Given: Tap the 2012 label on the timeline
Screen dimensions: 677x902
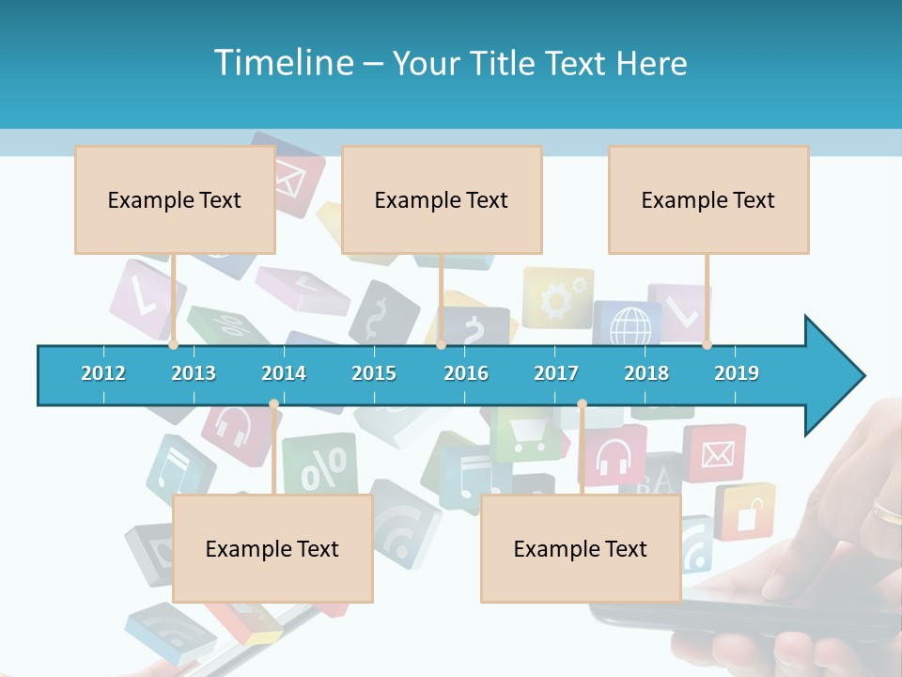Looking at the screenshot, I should tap(103, 373).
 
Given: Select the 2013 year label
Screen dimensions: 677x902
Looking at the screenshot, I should tap(194, 373).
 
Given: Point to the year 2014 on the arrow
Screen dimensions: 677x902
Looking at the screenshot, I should tap(284, 373).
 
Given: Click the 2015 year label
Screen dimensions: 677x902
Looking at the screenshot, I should tap(374, 373).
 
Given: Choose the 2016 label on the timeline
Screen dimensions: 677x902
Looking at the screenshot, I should tap(466, 373).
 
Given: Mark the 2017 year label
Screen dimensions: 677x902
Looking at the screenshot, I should tap(556, 373).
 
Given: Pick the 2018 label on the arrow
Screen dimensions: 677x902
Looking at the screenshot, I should tap(646, 373).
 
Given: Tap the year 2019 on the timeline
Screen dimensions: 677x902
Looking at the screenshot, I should tap(737, 373).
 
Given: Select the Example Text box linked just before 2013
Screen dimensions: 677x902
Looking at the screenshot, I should tap(175, 199).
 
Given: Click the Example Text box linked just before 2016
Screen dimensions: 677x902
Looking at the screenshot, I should tap(442, 199).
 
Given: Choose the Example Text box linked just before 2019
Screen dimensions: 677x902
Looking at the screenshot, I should tap(708, 199).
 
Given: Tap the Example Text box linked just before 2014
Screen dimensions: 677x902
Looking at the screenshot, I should tap(272, 548).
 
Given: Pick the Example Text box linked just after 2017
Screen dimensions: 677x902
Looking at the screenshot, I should tap(581, 548).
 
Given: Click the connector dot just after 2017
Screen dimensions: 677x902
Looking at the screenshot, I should tap(582, 404).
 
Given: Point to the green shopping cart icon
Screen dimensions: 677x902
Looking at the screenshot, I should tap(527, 434).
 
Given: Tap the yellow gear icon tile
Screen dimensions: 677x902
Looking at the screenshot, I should tap(558, 298).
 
